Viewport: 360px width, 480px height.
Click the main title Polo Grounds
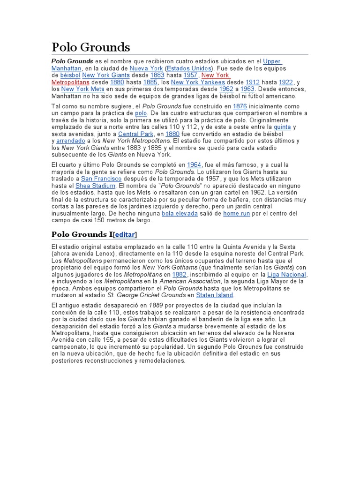[90, 47]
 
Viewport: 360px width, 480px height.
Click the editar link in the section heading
[125, 234]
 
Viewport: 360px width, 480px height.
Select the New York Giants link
[106, 75]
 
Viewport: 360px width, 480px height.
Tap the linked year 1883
[157, 75]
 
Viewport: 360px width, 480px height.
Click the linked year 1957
[190, 75]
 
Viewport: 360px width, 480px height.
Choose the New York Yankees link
[198, 82]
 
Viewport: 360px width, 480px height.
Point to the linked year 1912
[253, 82]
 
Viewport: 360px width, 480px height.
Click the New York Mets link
[82, 89]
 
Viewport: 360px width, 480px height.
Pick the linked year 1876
[240, 106]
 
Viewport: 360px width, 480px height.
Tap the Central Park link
[135, 134]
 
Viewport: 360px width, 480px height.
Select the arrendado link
[71, 141]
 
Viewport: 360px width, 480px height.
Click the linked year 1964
[194, 165]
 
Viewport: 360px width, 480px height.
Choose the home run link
[237, 213]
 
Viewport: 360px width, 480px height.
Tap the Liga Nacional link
[286, 275]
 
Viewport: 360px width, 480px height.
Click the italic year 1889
[156, 306]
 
